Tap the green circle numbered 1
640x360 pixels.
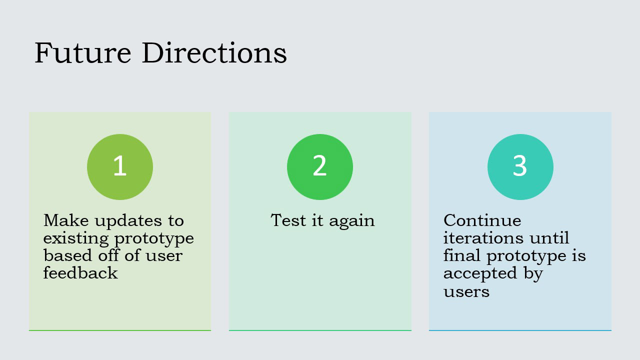tap(120, 167)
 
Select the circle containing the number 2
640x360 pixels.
tap(320, 167)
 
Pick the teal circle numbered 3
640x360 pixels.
tap(520, 167)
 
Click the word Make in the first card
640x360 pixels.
tap(63, 220)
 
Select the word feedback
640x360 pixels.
tap(80, 273)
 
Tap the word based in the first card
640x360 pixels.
tap(63, 255)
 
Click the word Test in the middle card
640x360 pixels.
tap(288, 220)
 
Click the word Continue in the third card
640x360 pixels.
tap(482, 220)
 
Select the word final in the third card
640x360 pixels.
tap(462, 255)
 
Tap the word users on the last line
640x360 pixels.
tap(466, 291)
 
